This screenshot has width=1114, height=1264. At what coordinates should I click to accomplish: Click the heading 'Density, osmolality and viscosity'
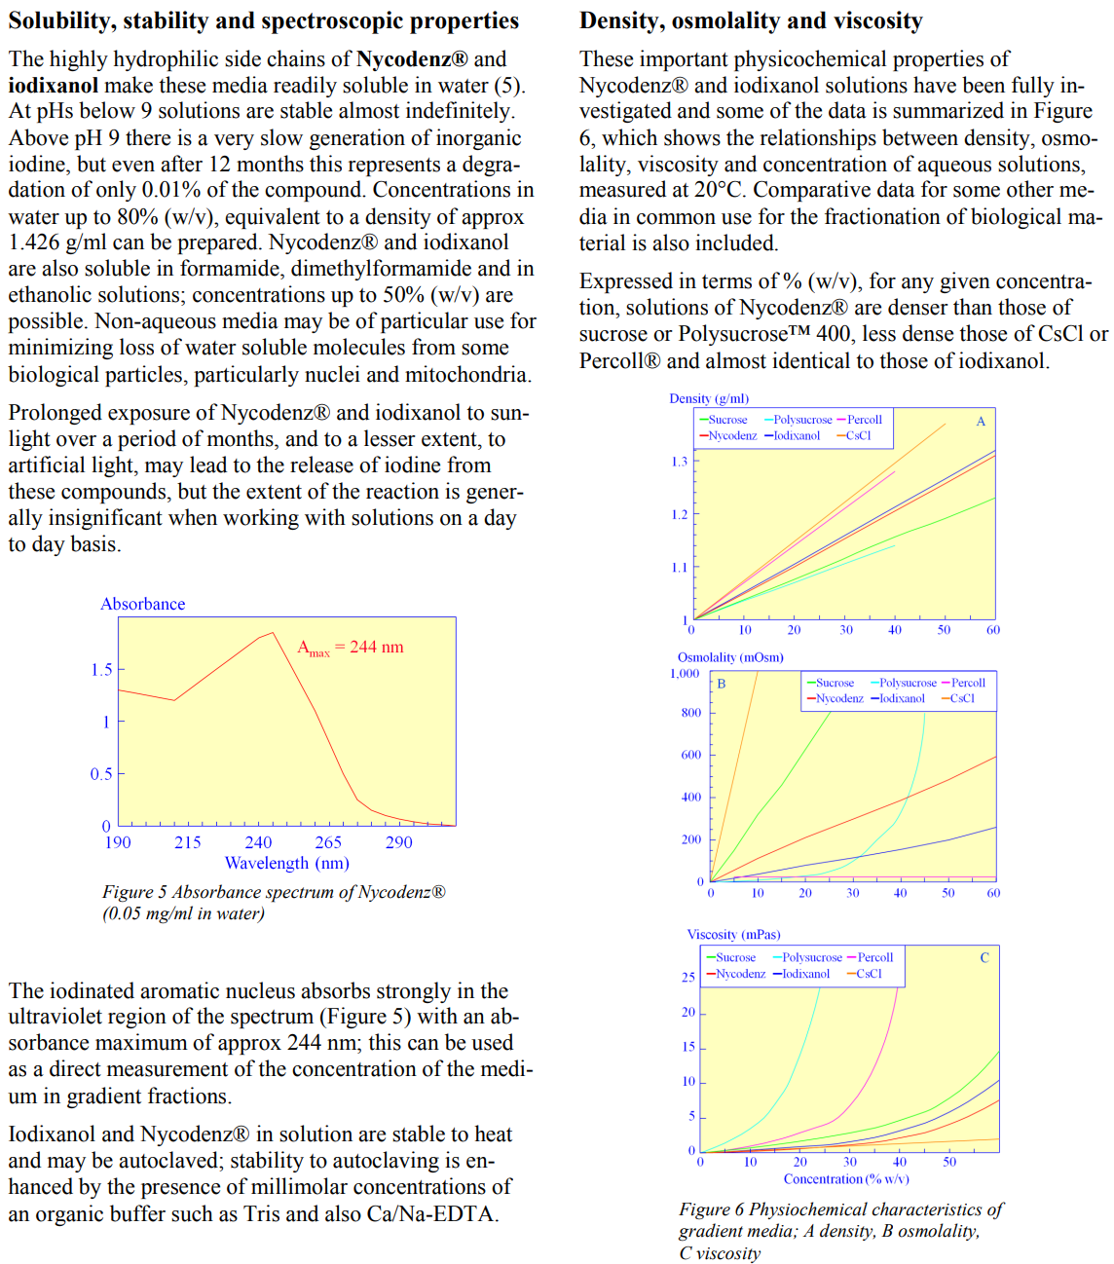coord(751,20)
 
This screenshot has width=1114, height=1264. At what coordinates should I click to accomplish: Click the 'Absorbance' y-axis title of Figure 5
coord(142,604)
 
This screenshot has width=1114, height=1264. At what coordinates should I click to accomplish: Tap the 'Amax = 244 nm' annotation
coord(350,648)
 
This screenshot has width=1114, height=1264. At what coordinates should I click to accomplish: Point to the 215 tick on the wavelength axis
coord(187,842)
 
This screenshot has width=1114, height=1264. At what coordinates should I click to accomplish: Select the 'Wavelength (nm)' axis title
coord(286,863)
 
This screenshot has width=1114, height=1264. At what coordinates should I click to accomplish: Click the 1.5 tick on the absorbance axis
coord(101,670)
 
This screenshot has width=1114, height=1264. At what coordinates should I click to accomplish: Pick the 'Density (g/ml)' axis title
coord(709,398)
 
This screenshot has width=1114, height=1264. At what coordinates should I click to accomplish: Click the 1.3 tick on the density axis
coord(679,462)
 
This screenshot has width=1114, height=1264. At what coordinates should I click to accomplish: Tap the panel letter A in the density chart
coord(981,422)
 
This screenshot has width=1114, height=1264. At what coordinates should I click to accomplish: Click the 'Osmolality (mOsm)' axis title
coord(730,657)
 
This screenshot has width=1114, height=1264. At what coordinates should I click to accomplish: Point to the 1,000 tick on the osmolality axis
coord(685,673)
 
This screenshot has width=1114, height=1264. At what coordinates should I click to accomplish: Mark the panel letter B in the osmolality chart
coord(722,684)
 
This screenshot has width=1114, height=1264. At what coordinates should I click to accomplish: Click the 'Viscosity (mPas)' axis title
coord(733,934)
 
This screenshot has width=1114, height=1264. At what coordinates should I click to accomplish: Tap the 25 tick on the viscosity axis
coord(688,977)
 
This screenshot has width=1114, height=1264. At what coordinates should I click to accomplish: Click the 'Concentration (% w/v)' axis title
coord(846,1179)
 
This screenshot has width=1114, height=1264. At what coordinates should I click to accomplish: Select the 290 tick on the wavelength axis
coord(398,842)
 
